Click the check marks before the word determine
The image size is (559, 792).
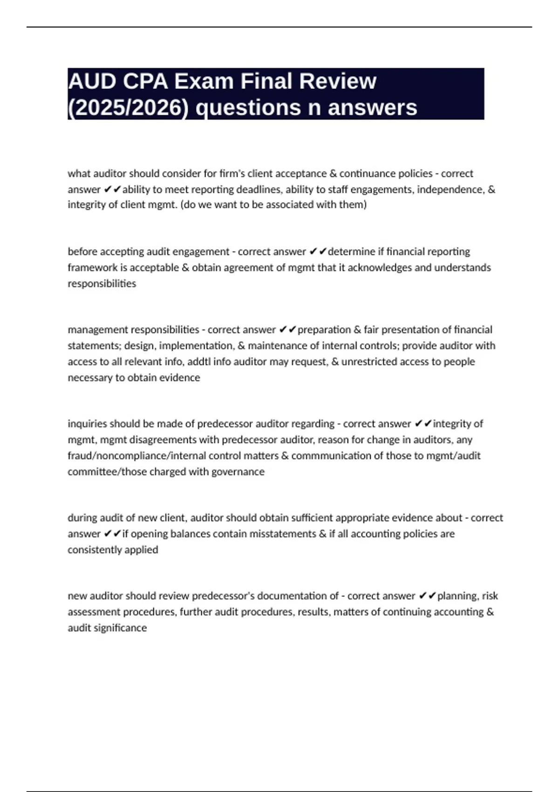tap(318, 252)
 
